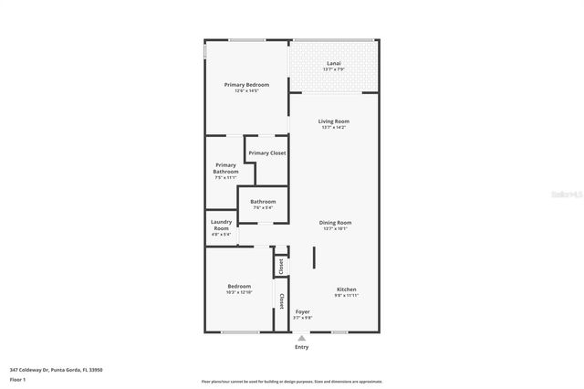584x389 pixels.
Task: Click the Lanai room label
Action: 334,63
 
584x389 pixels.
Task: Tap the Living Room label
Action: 334,121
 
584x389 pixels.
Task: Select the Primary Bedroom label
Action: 246,85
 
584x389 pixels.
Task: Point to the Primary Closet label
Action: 267,153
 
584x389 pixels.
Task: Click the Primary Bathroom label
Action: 225,168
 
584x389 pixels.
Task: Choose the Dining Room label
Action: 335,223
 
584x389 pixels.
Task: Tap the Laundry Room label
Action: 221,225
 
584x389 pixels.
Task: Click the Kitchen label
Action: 346,289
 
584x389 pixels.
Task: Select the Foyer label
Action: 303,311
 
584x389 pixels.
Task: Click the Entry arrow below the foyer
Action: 302,338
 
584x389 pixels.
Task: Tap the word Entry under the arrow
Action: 302,347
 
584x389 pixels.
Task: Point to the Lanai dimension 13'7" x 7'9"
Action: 334,69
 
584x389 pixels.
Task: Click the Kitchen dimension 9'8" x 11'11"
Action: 346,296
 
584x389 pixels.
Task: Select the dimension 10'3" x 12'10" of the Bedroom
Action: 239,293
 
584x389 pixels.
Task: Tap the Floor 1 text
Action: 18,378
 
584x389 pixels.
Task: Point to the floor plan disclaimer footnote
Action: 292,382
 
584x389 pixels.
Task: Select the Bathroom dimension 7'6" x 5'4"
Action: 263,208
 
